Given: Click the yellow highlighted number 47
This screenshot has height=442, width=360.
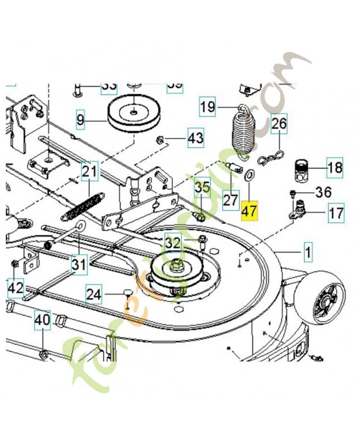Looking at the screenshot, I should pos(250,211).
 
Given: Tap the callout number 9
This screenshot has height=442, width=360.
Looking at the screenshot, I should pos(81,118).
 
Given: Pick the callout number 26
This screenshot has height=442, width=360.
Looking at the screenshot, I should pos(279,124).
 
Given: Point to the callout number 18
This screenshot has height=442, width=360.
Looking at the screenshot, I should pos(335,166).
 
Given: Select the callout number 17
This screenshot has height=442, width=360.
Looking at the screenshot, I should pos(336,212).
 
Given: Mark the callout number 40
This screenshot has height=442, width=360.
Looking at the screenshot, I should pos(43,319).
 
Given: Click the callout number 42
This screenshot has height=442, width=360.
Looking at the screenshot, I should pos(15,287).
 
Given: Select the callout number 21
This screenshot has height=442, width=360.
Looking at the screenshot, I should pos(89,172).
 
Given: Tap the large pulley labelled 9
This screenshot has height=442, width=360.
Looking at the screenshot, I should pos(135,114).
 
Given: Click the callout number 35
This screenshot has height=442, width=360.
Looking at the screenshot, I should pos(203,187).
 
